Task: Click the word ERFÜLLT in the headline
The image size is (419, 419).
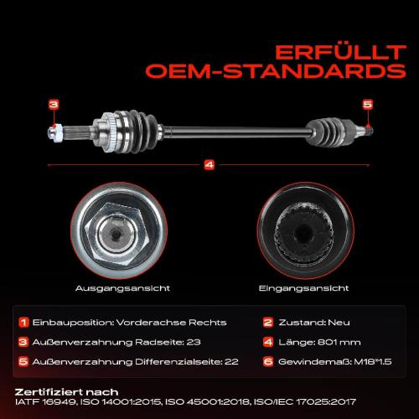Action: tap(340, 53)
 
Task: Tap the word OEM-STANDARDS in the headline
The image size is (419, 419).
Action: tap(276, 71)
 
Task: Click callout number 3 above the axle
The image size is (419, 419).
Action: tap(54, 105)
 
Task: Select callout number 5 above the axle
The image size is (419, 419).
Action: tap(368, 105)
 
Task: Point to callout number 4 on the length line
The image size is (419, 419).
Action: tap(209, 165)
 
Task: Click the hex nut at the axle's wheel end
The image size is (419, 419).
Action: tap(57, 132)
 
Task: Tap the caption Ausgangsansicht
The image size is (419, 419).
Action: tap(122, 288)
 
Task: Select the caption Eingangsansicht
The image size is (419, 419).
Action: tap(304, 288)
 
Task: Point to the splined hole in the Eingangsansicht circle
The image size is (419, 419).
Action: tap(304, 233)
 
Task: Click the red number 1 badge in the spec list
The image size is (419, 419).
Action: tap(23, 323)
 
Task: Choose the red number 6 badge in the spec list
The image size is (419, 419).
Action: tap(268, 362)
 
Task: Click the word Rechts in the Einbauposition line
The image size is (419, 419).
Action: tap(208, 323)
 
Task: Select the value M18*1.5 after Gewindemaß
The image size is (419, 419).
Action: tap(373, 362)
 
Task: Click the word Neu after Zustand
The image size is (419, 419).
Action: tap(339, 323)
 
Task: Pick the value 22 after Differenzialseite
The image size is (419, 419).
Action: tap(231, 362)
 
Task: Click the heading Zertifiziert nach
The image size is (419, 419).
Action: tap(66, 392)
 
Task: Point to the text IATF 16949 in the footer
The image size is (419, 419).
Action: tap(45, 402)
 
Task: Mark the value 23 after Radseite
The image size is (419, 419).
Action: tap(194, 342)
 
